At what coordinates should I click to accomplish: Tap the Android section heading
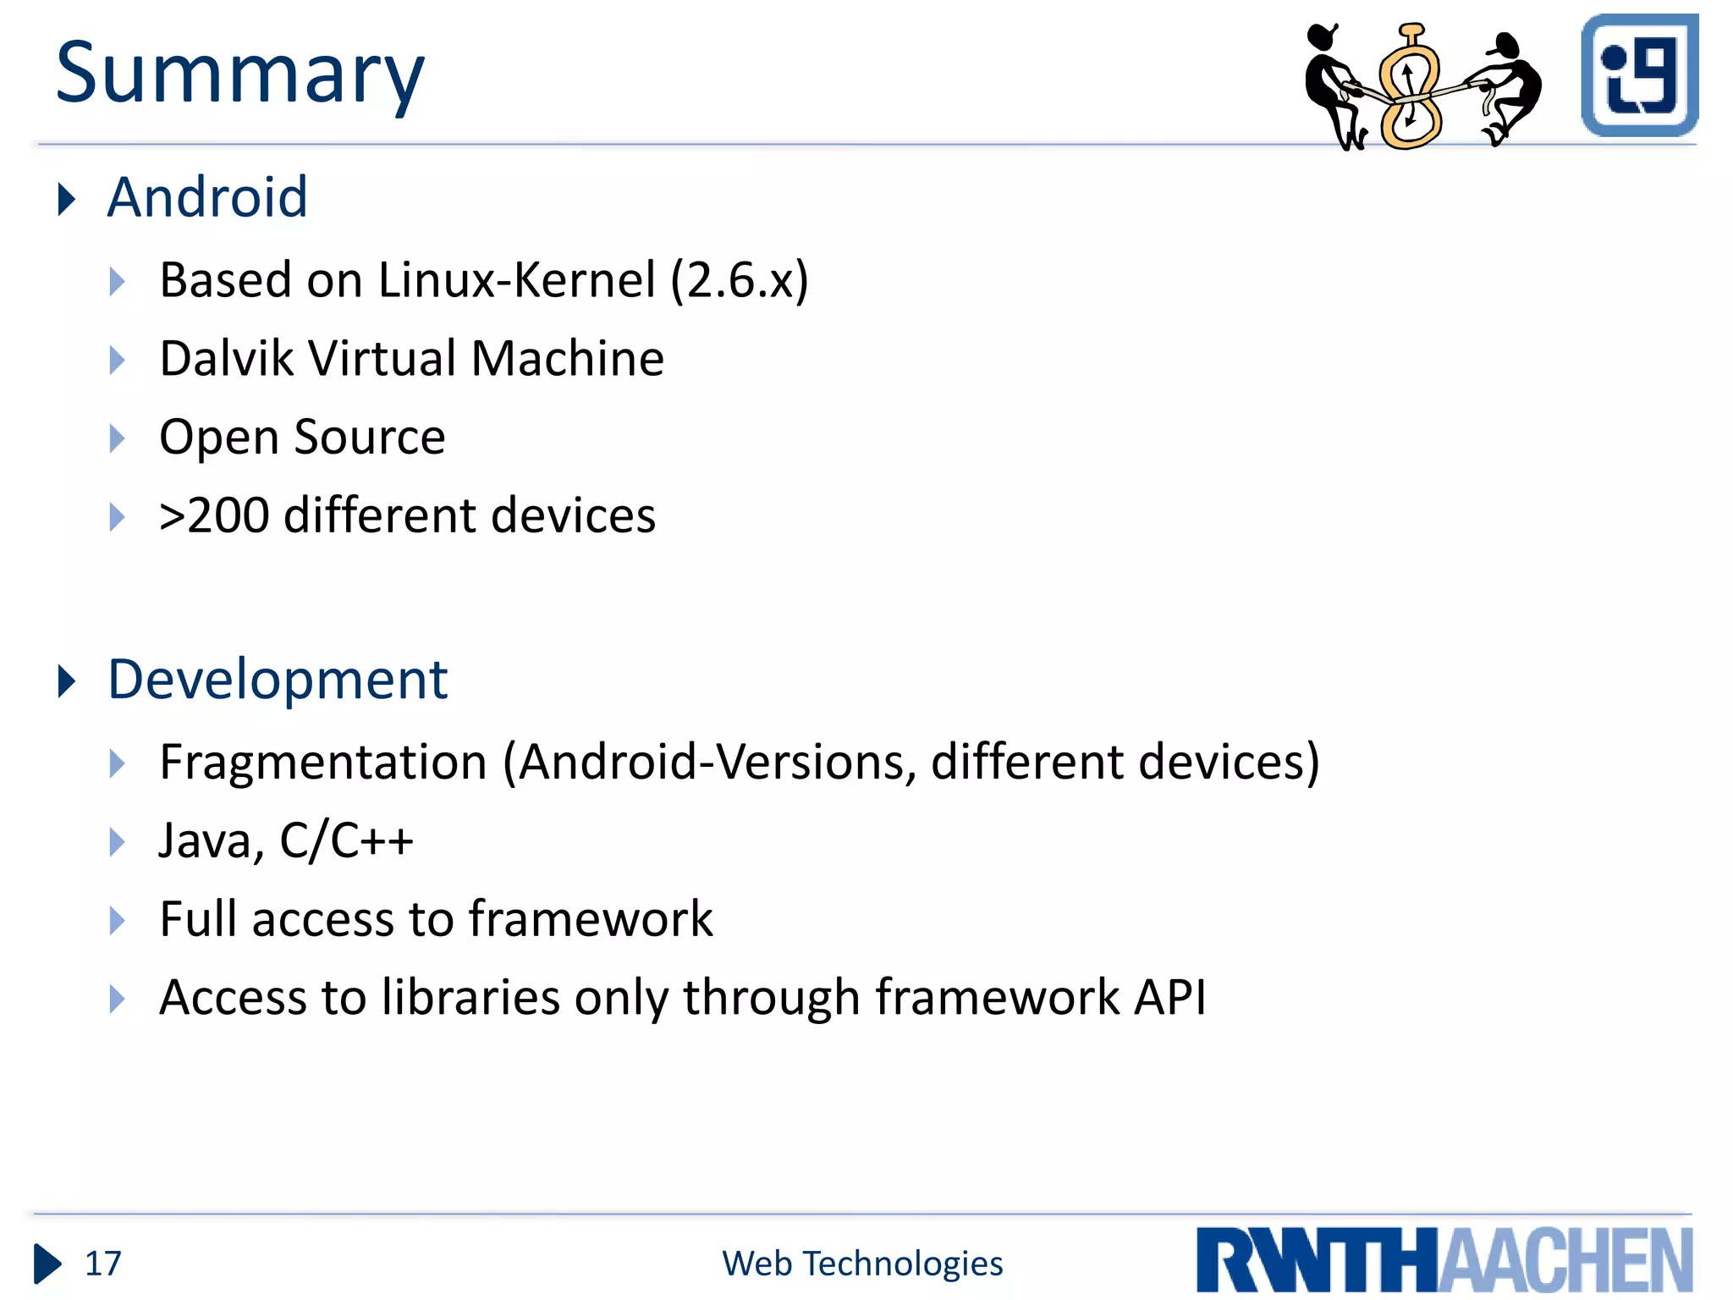[x=207, y=197]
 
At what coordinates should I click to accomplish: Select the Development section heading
[x=278, y=680]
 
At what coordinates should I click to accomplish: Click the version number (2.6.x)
[x=740, y=280]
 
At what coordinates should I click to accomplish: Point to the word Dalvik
[x=226, y=358]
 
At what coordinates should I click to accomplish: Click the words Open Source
[x=302, y=438]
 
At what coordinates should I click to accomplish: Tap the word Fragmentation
[x=323, y=762]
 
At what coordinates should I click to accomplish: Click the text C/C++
[x=346, y=840]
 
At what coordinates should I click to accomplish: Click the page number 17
[x=103, y=1264]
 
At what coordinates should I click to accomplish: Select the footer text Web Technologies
[x=862, y=1264]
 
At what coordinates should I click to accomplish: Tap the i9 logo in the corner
[x=1639, y=75]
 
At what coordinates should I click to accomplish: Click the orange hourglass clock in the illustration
[x=1410, y=88]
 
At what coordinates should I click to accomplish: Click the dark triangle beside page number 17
[x=47, y=1264]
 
